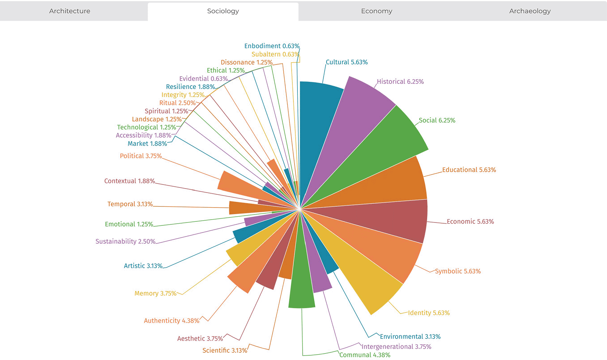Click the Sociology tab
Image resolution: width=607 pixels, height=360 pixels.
click(x=223, y=11)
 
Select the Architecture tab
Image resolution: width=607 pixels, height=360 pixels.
click(x=70, y=11)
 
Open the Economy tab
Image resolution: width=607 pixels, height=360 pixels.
click(x=377, y=11)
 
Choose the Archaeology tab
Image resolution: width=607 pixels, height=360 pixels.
click(x=530, y=11)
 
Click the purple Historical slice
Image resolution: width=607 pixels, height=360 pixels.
click(x=352, y=114)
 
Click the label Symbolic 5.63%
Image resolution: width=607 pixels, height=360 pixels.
click(x=458, y=271)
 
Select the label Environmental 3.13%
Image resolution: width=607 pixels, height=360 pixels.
click(x=410, y=336)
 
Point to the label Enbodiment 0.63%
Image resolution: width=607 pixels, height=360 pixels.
click(x=272, y=46)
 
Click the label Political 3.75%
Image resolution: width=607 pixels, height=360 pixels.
click(x=141, y=156)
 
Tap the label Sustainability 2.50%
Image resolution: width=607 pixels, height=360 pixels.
click(x=125, y=241)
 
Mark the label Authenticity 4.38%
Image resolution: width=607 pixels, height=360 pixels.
click(x=172, y=321)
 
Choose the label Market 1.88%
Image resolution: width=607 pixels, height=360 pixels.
click(x=147, y=144)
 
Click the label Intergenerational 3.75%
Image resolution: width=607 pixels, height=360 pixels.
click(x=396, y=347)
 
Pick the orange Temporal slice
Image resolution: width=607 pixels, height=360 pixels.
click(x=257, y=208)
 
